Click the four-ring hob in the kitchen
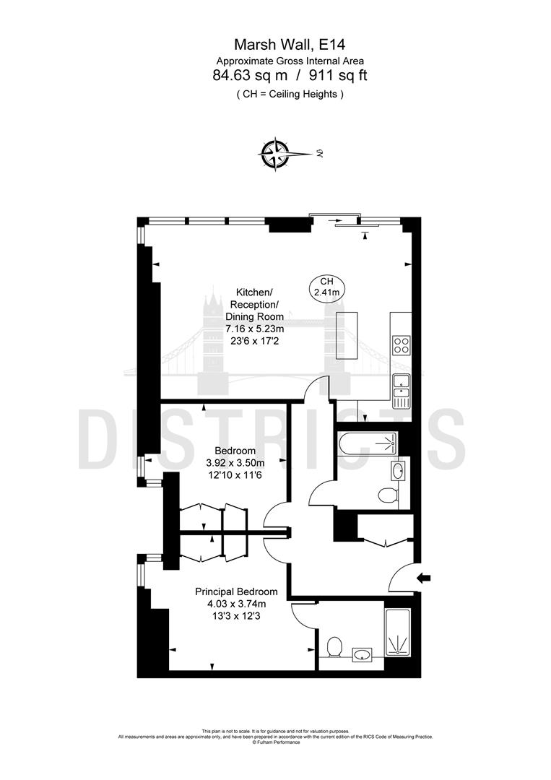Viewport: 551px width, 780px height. click(x=402, y=345)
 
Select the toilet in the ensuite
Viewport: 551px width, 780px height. click(x=334, y=646)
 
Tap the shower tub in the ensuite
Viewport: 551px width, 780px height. click(x=398, y=633)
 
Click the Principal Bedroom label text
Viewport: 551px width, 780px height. click(x=236, y=591)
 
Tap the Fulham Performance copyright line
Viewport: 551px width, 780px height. click(x=275, y=740)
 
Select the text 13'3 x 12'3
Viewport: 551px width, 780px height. click(x=236, y=617)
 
